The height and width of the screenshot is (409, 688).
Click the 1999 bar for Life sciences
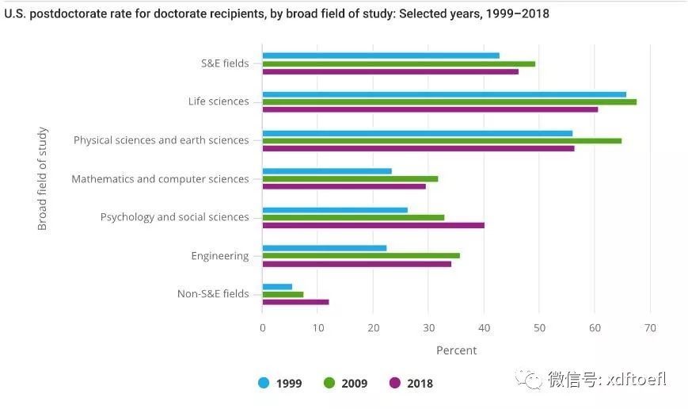443,94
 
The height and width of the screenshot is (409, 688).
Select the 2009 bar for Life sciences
449,101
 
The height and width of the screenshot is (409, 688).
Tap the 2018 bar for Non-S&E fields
295,302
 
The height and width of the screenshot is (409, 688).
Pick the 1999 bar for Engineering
325,248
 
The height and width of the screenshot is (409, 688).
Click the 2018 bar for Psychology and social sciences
373,225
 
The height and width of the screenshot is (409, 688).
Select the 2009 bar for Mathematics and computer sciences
350,179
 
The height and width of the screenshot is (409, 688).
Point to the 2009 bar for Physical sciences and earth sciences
442,140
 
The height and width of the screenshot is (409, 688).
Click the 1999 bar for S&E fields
381,55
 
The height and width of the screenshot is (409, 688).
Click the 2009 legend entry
346,384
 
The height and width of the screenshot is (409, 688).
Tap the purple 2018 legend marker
395,384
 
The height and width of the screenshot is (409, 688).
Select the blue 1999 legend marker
264,384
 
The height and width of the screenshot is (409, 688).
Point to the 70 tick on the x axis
650,328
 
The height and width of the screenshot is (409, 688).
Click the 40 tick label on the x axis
484,328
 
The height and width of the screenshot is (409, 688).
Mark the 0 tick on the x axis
263,328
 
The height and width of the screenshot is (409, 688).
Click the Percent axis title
457,350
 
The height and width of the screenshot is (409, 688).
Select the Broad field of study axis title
43,178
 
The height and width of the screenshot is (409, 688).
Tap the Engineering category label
220,256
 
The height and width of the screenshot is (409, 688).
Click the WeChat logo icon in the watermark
529,379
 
